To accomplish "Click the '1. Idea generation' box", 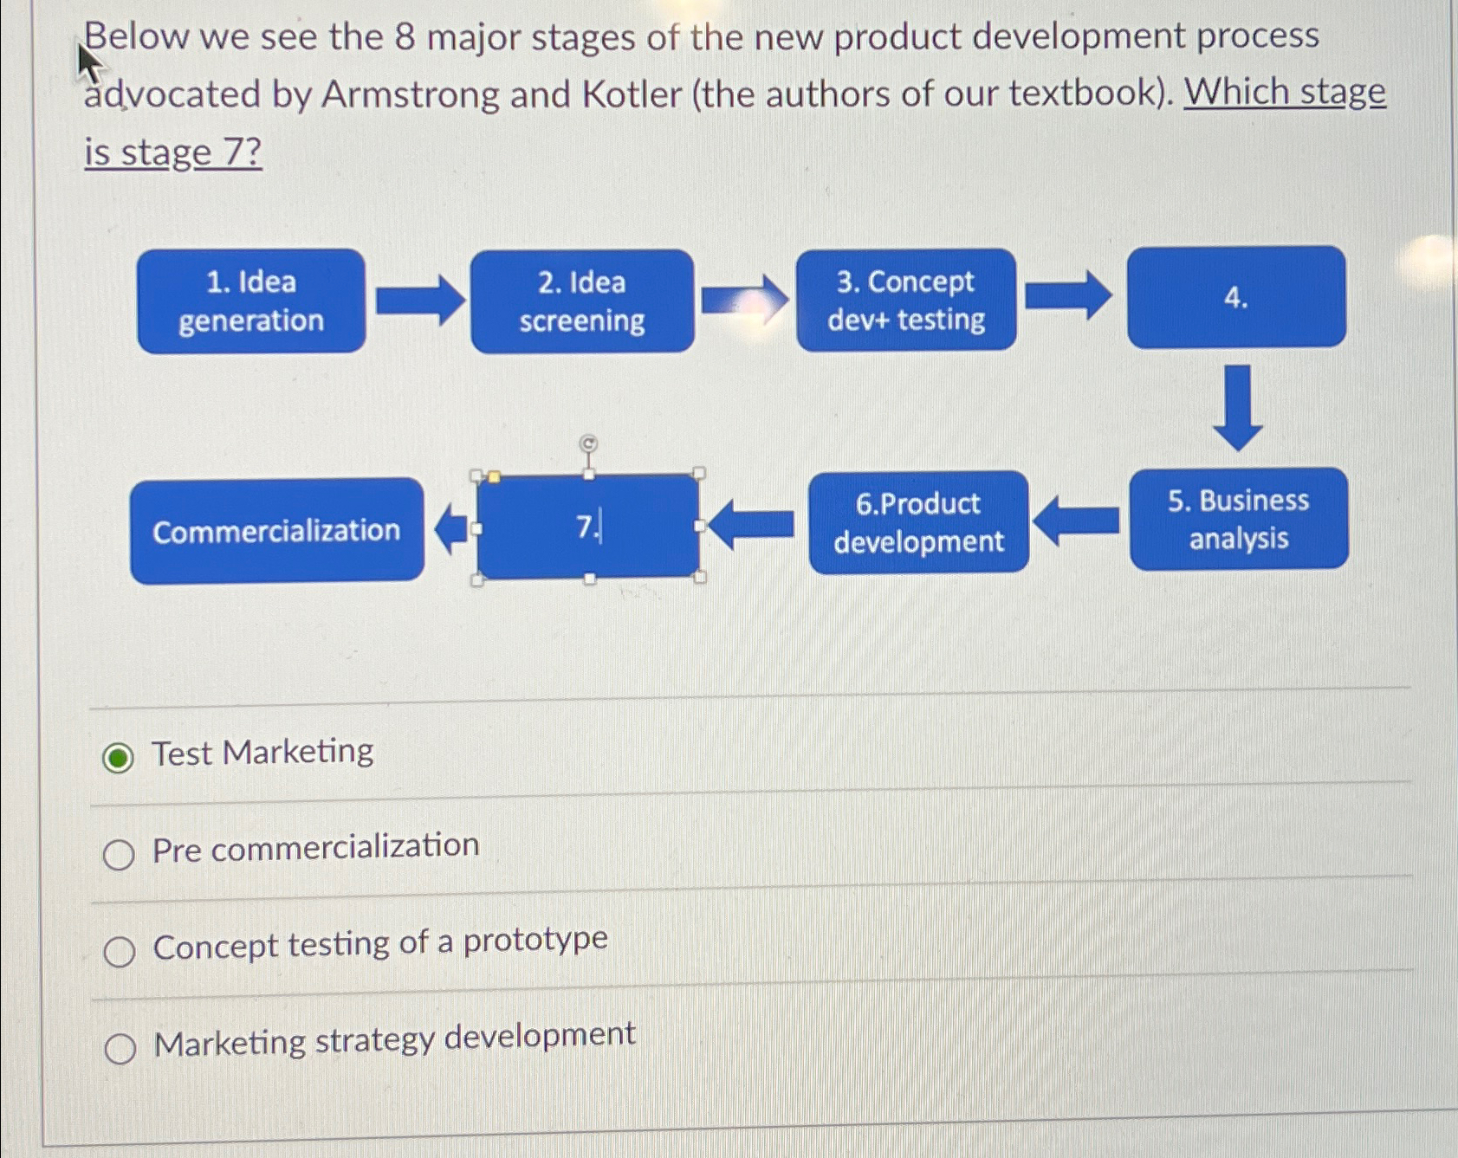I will click(250, 301).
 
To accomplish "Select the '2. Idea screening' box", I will click(581, 301).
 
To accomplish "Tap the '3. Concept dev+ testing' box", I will click(905, 300).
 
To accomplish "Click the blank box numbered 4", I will click(1235, 297).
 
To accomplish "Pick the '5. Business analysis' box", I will click(1238, 519).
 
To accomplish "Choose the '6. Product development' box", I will click(918, 522).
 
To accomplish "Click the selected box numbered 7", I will click(588, 527).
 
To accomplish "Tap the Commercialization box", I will click(276, 530).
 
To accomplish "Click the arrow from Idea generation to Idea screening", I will click(419, 301).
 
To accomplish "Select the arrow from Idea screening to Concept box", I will click(744, 300).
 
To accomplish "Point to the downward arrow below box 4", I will click(1237, 407).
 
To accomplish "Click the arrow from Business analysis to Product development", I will click(1077, 521).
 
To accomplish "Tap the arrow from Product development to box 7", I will click(751, 525).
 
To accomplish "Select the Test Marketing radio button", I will click(118, 758).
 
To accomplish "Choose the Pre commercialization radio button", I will click(119, 855).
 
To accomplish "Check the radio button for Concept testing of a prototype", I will click(120, 952).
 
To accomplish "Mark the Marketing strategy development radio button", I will click(120, 1049).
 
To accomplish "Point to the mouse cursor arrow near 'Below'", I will click(87, 61).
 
